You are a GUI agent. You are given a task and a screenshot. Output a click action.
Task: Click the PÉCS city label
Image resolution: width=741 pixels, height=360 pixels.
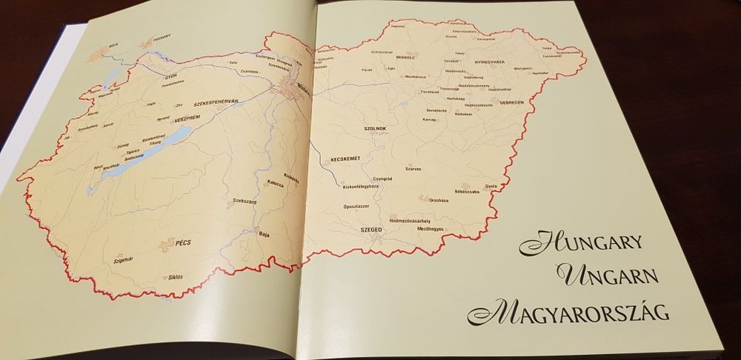[185, 242]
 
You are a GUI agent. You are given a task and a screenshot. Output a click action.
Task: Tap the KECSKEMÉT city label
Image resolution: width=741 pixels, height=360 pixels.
[345, 159]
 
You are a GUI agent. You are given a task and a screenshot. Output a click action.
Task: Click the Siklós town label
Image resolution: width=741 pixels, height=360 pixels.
[176, 277]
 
